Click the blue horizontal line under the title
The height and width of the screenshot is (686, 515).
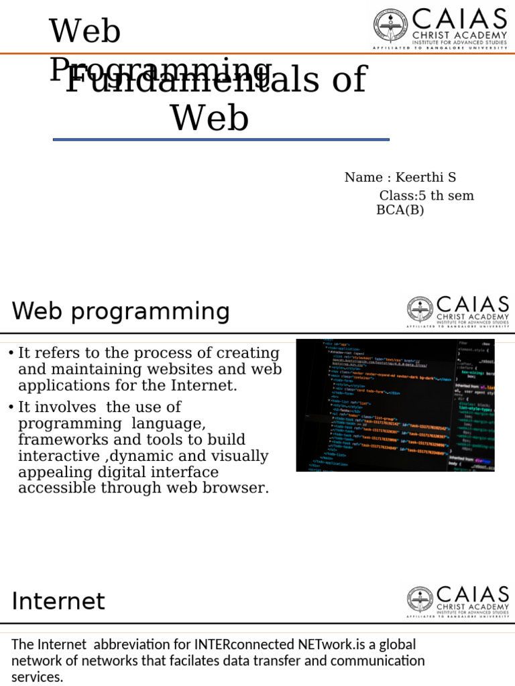221,139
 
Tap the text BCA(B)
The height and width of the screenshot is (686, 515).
400,210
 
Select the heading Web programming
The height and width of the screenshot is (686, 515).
121,312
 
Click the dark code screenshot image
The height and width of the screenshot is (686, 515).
395,405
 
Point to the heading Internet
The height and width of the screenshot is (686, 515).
58,601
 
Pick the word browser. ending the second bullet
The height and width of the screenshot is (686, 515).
238,488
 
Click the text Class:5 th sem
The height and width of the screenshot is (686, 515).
426,196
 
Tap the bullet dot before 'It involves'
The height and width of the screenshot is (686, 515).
11,407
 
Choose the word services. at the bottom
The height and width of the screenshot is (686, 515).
38,677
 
